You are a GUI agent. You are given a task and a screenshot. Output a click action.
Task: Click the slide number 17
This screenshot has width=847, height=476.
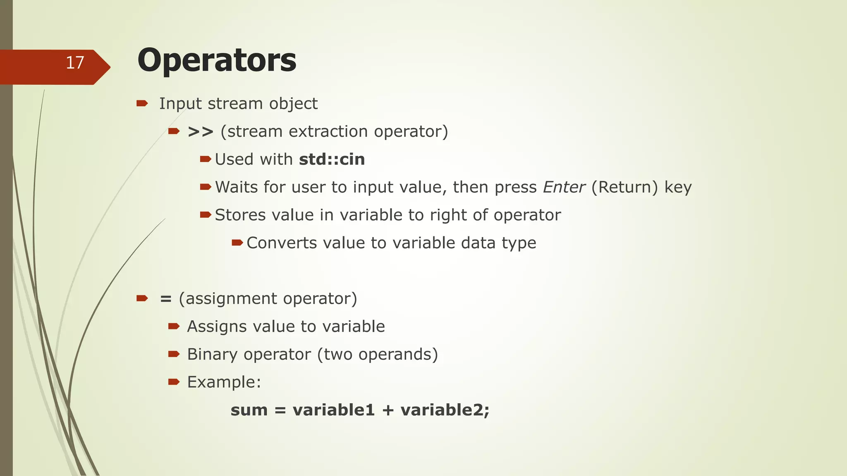tap(75, 63)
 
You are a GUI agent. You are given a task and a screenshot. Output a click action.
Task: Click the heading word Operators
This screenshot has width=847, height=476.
tap(217, 60)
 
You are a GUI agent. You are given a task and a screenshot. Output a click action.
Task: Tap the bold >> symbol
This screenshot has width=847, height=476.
tap(201, 132)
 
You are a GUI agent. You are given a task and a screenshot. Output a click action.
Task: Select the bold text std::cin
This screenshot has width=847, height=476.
tap(332, 159)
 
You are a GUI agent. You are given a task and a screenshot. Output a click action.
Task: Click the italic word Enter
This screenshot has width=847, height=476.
tap(564, 187)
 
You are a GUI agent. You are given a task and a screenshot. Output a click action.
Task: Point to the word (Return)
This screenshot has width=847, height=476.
tap(624, 187)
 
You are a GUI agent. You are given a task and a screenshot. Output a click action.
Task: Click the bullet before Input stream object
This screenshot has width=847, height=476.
tap(142, 103)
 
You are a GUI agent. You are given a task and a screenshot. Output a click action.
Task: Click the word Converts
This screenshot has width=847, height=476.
tap(282, 243)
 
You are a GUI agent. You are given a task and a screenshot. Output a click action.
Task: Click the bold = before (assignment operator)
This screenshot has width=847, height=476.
tap(166, 299)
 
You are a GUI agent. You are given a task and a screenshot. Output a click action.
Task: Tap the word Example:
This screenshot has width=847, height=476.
tap(224, 382)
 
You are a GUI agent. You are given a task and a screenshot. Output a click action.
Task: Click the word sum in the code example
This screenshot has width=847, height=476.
tap(249, 410)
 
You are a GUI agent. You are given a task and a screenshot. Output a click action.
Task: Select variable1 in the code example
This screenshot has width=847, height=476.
tap(333, 410)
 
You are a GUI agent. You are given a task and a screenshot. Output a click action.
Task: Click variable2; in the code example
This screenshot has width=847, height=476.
tap(445, 410)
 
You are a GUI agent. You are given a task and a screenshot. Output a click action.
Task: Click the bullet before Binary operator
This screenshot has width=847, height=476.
tap(174, 354)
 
